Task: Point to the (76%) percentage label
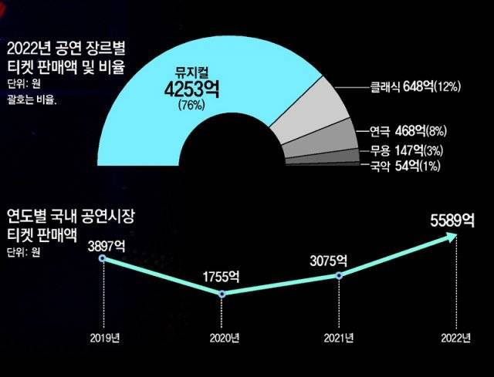[191, 105]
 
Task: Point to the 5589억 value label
[453, 220]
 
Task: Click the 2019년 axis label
[104, 338]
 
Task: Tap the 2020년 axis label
[222, 338]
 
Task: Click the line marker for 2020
[222, 294]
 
